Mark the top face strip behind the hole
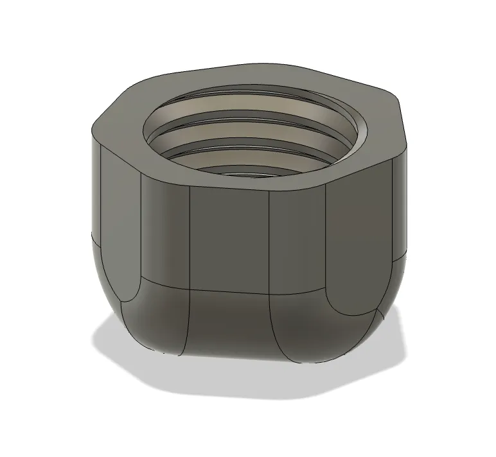coord(257,76)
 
